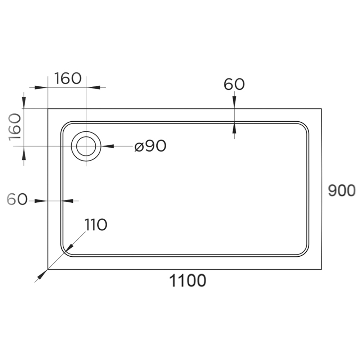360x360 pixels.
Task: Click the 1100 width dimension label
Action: pos(188,280)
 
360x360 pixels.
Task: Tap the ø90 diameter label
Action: pos(150,146)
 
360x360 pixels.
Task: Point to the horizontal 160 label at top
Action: pos(68,78)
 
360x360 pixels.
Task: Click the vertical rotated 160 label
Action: pos(15,127)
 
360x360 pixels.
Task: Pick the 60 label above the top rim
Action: pos(234,84)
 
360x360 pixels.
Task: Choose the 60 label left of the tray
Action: pos(17,199)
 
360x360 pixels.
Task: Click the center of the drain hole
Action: pos(86,146)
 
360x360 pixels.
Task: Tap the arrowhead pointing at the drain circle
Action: pos(107,146)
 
